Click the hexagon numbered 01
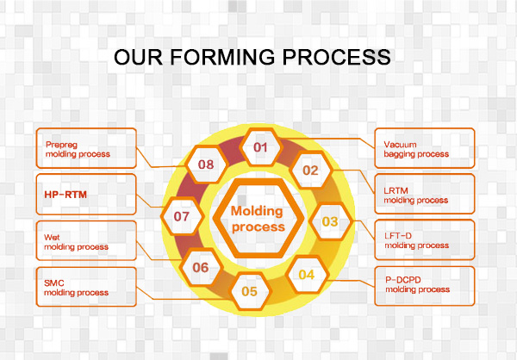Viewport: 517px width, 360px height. (x=260, y=146)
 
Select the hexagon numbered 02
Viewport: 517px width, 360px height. (x=310, y=170)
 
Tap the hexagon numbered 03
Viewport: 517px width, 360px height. (x=330, y=221)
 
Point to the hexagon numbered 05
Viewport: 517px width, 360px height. (x=250, y=291)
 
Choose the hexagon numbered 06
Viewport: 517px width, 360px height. (x=201, y=267)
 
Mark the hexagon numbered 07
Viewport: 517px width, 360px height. (x=181, y=216)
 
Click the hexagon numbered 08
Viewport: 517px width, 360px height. (x=207, y=163)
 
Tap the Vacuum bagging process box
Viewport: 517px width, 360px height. (x=424, y=148)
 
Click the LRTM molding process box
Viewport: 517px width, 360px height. (x=424, y=195)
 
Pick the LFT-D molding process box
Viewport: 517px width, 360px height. (x=424, y=239)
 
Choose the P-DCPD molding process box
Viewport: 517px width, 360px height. (x=424, y=285)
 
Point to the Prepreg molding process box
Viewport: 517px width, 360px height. (x=88, y=148)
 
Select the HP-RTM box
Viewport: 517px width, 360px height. (x=88, y=195)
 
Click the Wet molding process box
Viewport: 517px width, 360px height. (x=88, y=239)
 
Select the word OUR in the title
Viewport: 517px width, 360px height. (x=136, y=57)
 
